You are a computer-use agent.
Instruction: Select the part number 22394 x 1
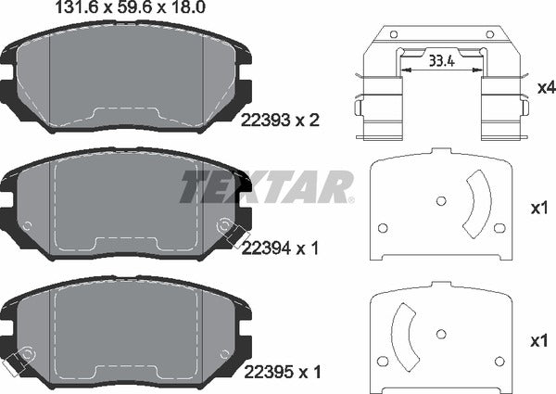(280, 248)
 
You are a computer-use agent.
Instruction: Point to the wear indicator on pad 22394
(224, 225)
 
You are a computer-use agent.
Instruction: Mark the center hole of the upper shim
(438, 197)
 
